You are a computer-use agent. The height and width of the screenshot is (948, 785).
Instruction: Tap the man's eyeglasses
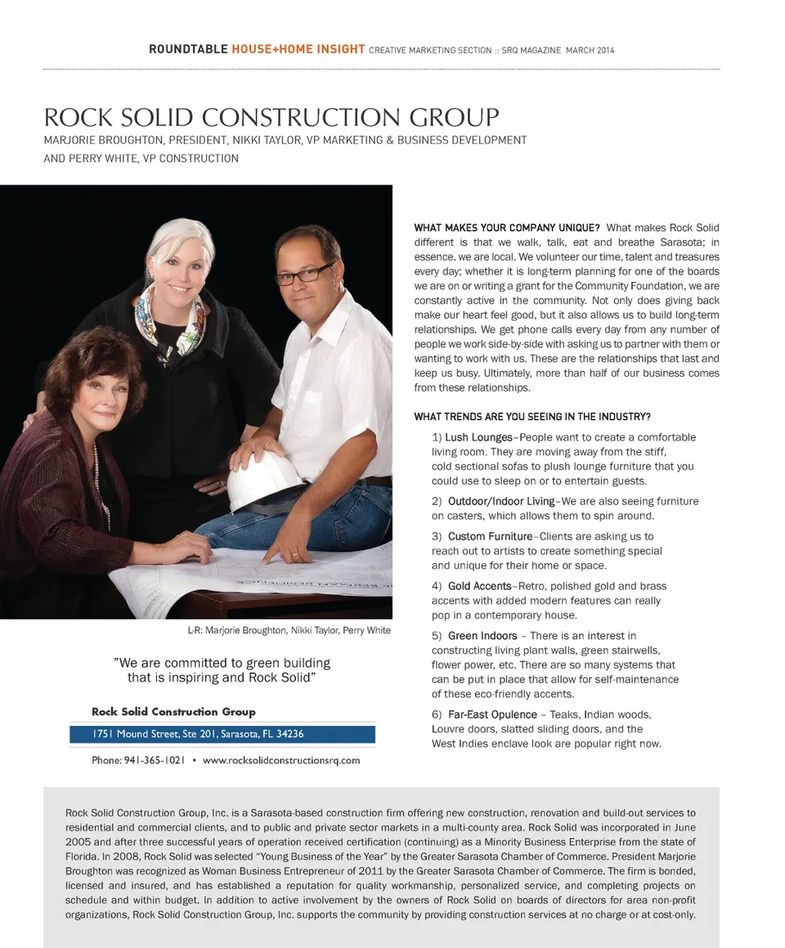tap(305, 274)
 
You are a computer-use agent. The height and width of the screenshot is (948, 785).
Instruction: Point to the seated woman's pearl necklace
tap(101, 482)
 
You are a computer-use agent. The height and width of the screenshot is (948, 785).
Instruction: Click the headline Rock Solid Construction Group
tap(271, 118)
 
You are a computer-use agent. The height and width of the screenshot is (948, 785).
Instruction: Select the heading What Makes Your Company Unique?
tap(507, 227)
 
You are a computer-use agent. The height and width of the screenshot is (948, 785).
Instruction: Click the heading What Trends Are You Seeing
tap(532, 417)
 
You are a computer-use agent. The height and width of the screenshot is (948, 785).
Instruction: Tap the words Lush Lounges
tap(478, 437)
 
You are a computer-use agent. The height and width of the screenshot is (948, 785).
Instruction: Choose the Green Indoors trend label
tap(482, 636)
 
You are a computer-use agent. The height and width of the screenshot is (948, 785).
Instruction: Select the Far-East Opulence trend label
tap(492, 714)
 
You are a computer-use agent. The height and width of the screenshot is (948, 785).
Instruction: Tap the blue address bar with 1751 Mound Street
tap(222, 734)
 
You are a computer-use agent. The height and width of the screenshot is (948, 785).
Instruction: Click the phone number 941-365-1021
tap(155, 760)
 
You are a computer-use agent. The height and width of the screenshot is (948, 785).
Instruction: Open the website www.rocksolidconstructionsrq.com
tap(281, 760)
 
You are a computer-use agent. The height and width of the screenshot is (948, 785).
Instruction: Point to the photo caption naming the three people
tap(289, 630)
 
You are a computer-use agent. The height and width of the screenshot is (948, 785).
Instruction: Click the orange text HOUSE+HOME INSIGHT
tap(298, 49)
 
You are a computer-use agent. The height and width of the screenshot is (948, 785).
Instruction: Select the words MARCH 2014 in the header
tap(590, 51)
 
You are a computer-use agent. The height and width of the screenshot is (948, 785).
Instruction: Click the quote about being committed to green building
tap(222, 670)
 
